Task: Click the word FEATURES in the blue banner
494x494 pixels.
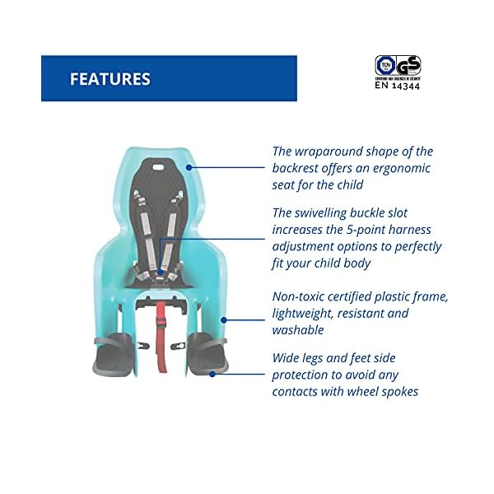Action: [x=110, y=79]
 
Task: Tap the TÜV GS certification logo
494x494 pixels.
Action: [x=398, y=65]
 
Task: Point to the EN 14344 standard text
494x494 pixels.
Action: [x=398, y=84]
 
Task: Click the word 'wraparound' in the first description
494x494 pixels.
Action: [x=334, y=151]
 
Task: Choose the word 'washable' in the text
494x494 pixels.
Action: [x=298, y=330]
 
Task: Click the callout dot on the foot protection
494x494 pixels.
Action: [x=212, y=374]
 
